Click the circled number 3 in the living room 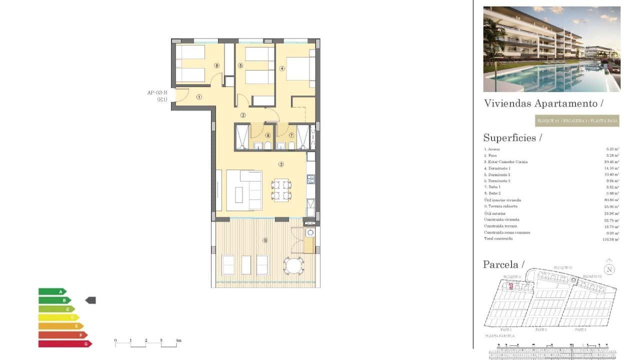281,164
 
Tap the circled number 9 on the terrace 265,240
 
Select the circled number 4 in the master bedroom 282,68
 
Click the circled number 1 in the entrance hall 199,97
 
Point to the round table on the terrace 293,265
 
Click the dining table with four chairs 281,190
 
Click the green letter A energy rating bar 52,291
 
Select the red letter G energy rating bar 65,343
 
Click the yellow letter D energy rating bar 58,317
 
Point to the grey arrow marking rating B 90,300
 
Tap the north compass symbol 609,268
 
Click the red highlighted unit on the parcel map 510,286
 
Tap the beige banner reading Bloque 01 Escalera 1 577,120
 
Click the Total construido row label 498,239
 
